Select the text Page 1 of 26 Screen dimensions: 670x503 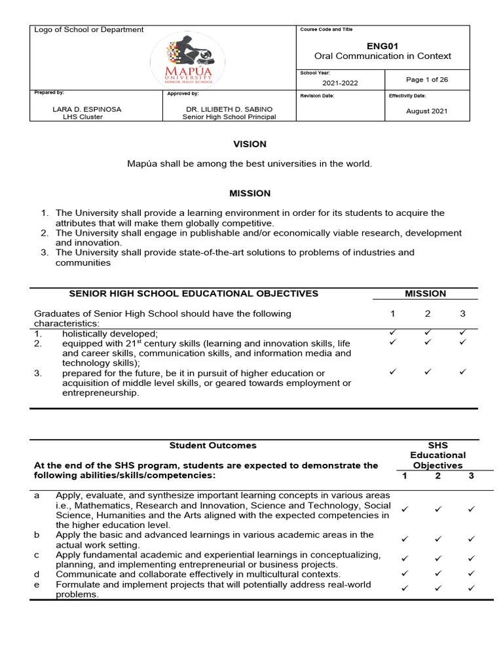coord(427,80)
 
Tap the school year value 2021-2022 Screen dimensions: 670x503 coord(340,83)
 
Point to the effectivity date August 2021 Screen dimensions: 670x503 coord(426,111)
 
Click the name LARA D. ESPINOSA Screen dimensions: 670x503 coord(87,109)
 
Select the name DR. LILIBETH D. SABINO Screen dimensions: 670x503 coord(229,109)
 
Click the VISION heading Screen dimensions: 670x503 coord(250,144)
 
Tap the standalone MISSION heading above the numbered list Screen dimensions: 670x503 coord(250,193)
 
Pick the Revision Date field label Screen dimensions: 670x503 coord(317,96)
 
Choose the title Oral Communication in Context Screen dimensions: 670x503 coord(382,56)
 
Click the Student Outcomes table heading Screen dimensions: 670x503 coord(213,446)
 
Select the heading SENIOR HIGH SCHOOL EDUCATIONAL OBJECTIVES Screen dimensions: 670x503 coord(194,294)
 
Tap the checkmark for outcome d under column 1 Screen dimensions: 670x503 coord(404,573)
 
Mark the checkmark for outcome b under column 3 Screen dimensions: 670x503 coord(471,539)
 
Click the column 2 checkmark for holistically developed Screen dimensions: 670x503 coord(428,333)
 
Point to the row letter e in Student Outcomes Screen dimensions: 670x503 coord(37,584)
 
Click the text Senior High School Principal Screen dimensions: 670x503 coord(229,117)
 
